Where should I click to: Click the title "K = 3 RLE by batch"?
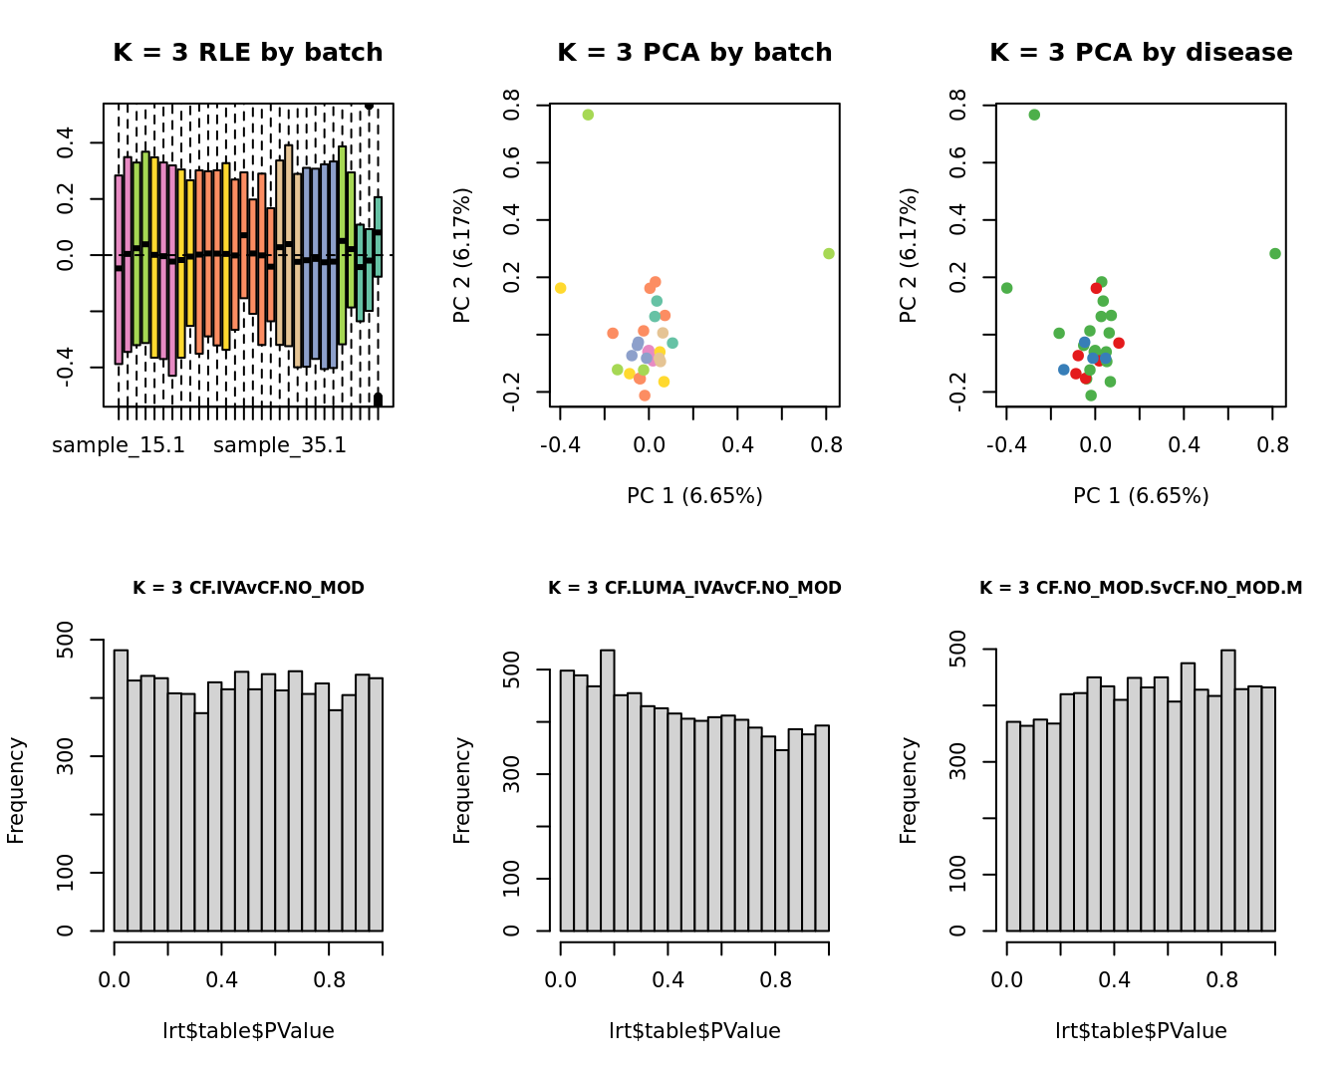click(x=247, y=53)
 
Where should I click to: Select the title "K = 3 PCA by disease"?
click(x=1141, y=53)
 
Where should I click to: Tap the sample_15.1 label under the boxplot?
click(x=119, y=445)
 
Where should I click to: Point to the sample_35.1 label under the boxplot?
click(x=280, y=445)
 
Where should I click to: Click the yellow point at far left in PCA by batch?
click(x=560, y=288)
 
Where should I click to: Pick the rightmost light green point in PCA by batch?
click(x=829, y=254)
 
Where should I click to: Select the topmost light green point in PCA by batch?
click(x=588, y=115)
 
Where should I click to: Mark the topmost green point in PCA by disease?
click(x=1034, y=115)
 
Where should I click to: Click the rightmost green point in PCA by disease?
click(x=1275, y=254)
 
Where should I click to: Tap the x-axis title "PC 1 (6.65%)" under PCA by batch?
click(x=694, y=496)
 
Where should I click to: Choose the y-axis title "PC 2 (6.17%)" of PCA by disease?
click(x=908, y=255)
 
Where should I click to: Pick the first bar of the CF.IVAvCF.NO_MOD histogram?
click(x=121, y=790)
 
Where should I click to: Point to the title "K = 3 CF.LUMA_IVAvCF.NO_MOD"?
click(x=694, y=588)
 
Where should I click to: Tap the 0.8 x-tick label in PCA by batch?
click(x=826, y=445)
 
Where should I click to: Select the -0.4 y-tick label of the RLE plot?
click(x=65, y=368)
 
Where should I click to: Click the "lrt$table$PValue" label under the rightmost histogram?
click(x=1141, y=1031)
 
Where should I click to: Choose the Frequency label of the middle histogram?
click(x=462, y=790)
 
